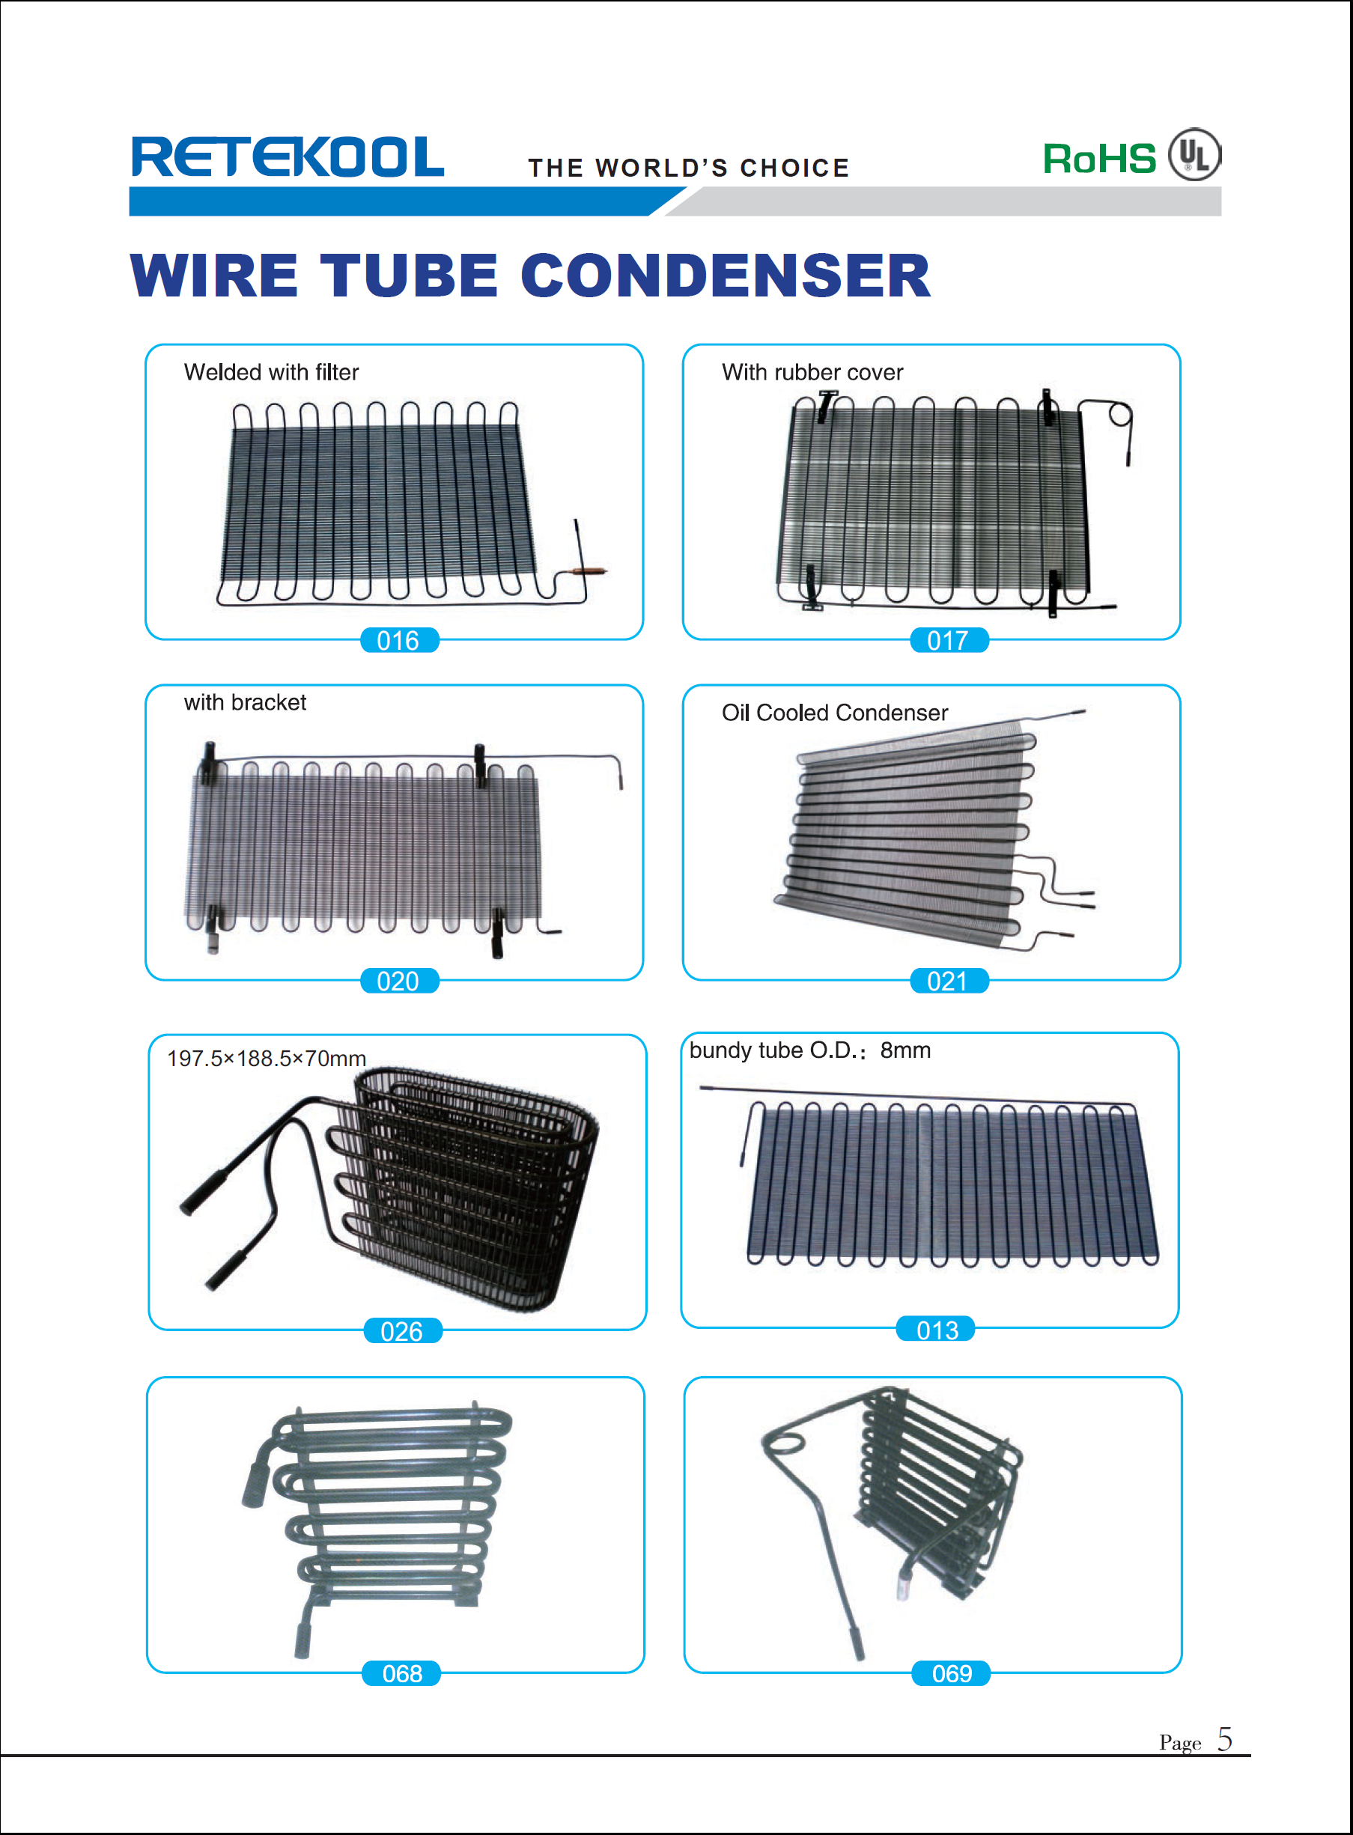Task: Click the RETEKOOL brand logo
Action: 288,157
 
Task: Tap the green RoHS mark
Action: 1098,159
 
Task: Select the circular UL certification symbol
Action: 1194,155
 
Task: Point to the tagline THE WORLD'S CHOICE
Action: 689,168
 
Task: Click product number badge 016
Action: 399,640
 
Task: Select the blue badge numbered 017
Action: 949,640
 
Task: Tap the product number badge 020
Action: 399,981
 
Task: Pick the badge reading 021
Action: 949,981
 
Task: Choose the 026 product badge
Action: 402,1330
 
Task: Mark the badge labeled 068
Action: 401,1673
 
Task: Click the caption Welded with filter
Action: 271,373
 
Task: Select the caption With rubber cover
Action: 812,373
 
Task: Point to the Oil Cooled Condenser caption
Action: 835,713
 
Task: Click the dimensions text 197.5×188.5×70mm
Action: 266,1059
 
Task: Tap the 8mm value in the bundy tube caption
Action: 905,1050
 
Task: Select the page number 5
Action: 1223,1738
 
